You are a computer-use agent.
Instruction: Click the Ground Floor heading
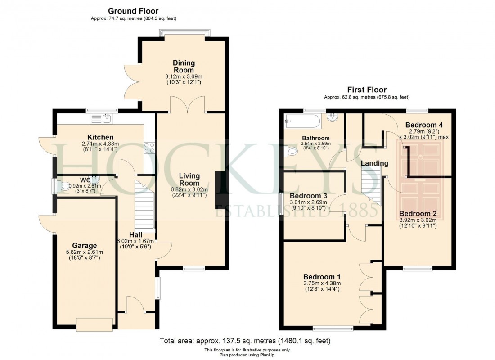coord(133,11)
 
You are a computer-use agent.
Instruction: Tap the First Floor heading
coord(367,90)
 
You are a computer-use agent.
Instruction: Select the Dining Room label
coord(184,67)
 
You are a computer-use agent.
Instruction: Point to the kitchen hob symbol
coord(149,148)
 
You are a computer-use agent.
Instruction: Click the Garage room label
coord(85,245)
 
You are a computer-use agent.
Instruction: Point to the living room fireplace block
coord(219,190)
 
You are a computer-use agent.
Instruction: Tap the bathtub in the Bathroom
coord(302,120)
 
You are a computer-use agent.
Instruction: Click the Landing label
coord(374,163)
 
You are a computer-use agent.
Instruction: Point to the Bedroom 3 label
coord(308,196)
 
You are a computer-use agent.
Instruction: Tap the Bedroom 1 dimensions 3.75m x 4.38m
coord(322,283)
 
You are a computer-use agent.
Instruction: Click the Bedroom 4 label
coord(424,125)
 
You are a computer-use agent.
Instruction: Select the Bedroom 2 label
coord(418,213)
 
